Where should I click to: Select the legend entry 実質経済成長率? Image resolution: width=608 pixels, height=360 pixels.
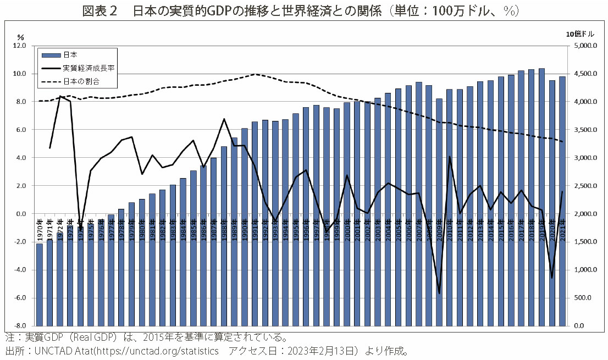click(88, 68)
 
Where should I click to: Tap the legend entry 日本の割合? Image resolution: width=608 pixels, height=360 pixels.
click(81, 82)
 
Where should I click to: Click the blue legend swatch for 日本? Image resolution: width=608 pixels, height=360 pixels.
click(51, 55)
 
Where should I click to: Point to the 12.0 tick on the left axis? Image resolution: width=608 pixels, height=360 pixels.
click(19, 46)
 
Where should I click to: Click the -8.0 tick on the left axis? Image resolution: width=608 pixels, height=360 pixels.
click(19, 325)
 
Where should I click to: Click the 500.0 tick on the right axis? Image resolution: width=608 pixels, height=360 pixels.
click(586, 297)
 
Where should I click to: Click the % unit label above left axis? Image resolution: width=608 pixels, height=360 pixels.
click(21, 37)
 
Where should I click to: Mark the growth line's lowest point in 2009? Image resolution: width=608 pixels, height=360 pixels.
click(439, 293)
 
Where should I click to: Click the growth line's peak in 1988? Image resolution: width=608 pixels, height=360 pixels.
click(224, 119)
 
